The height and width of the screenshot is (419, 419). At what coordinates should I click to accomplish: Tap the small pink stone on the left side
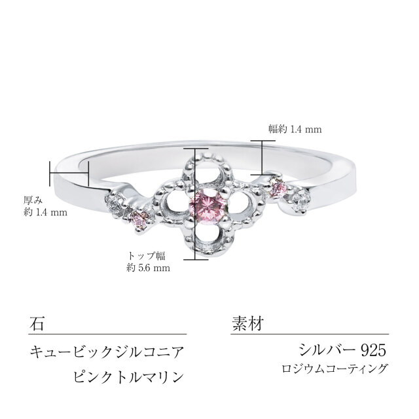[139, 221]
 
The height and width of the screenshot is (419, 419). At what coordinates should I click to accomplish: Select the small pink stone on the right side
[280, 189]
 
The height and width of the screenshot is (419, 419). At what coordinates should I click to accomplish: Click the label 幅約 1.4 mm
[295, 130]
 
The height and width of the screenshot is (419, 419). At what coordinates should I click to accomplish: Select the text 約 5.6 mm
[148, 268]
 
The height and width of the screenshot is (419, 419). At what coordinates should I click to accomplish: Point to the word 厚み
[33, 200]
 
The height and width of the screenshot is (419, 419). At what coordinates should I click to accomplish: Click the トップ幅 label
[146, 256]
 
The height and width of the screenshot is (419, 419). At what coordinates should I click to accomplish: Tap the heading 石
[37, 323]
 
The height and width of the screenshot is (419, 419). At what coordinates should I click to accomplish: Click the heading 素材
[247, 323]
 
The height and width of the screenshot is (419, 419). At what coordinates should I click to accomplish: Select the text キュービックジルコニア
[107, 352]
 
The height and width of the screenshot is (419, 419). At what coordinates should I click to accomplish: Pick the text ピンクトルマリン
[129, 377]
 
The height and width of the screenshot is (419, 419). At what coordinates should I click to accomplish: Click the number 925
[373, 350]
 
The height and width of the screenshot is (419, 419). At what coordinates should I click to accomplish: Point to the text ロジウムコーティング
[335, 369]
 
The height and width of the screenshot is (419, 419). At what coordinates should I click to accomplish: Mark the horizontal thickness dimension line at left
[69, 172]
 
